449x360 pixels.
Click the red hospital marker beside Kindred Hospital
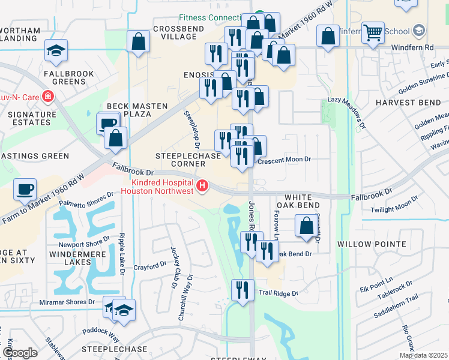[x=202, y=187]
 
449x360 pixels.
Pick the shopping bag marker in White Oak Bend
[x=306, y=227]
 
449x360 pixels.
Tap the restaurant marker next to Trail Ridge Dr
[x=243, y=290]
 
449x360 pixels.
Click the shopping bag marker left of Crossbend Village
[x=138, y=42]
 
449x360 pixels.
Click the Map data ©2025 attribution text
[x=423, y=355]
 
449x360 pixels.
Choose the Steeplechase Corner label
[x=180, y=159]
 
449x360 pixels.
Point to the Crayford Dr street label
[x=149, y=266]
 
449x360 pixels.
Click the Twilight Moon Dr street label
[x=393, y=209]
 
